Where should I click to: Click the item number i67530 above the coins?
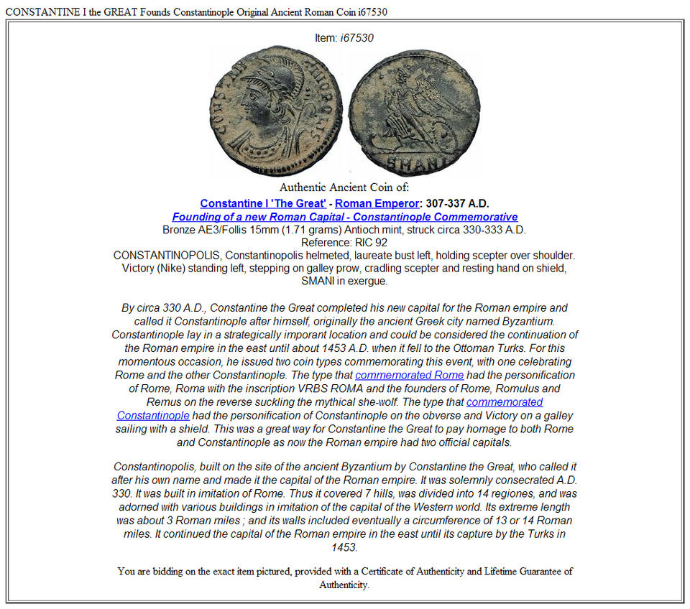pyautogui.click(x=356, y=37)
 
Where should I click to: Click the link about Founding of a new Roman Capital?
pyautogui.click(x=344, y=217)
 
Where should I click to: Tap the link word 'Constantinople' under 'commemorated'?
pyautogui.click(x=153, y=415)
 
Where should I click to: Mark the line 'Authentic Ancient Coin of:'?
pyautogui.click(x=344, y=188)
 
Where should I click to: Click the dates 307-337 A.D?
pyautogui.click(x=457, y=204)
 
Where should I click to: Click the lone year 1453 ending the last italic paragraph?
pyautogui.click(x=344, y=547)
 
